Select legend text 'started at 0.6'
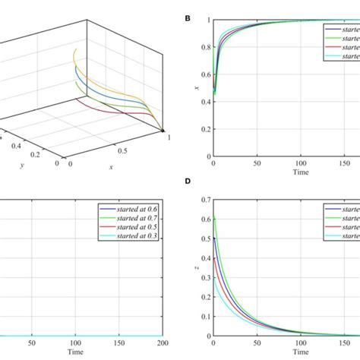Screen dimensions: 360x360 136,208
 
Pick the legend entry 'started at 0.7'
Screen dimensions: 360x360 136,217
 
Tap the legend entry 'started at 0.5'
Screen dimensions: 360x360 136,226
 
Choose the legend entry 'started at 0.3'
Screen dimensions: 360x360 136,235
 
